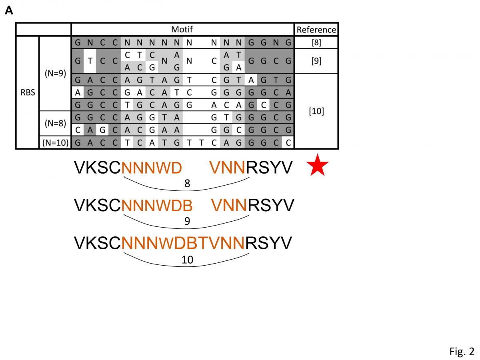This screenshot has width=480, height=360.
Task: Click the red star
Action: (x=319, y=167)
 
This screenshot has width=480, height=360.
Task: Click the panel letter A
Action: (x=9, y=11)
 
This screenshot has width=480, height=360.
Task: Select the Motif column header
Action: (x=182, y=30)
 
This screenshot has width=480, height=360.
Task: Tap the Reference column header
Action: (x=316, y=30)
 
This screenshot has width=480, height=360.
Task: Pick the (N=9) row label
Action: (x=55, y=74)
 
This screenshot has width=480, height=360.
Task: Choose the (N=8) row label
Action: (x=55, y=124)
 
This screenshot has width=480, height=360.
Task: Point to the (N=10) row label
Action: (x=55, y=143)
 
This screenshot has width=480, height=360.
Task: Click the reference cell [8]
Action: (x=316, y=42)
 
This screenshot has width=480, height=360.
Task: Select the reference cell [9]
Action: (x=316, y=61)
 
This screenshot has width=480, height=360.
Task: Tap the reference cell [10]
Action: (x=316, y=111)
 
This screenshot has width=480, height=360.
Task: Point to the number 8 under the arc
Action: (x=187, y=184)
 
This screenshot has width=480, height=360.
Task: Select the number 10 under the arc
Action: (x=187, y=260)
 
